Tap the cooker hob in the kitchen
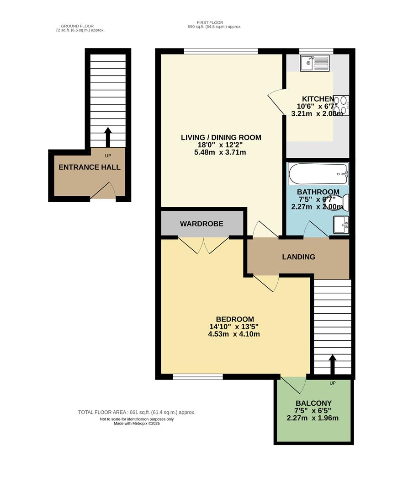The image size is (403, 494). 342,105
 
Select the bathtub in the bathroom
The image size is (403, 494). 318,173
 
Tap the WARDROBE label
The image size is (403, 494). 201,224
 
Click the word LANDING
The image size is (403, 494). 298,257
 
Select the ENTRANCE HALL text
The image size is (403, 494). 90,167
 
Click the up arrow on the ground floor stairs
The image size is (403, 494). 108,136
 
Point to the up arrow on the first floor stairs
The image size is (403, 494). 332,365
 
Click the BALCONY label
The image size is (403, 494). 313,403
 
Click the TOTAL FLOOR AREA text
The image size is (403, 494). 137,412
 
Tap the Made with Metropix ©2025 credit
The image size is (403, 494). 137,424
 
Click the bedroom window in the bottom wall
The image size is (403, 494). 198,377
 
